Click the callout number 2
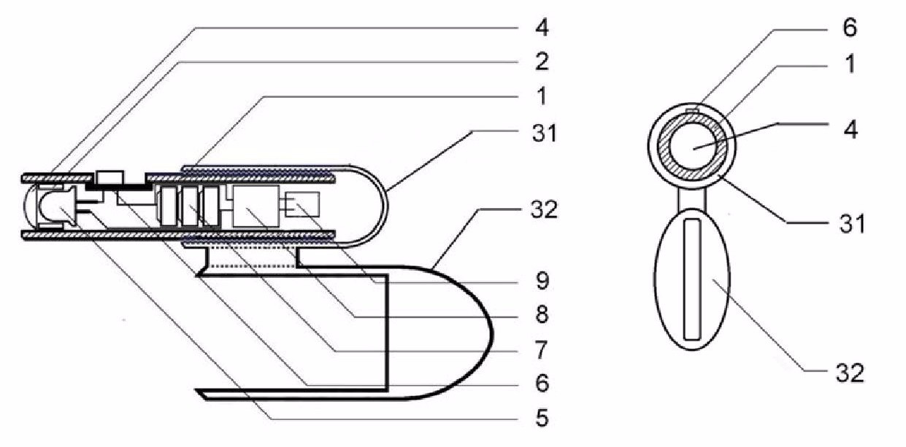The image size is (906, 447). pyautogui.click(x=542, y=62)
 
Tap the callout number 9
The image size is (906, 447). pyautogui.click(x=542, y=281)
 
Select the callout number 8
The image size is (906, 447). pyautogui.click(x=542, y=314)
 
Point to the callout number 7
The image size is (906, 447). pyautogui.click(x=542, y=350)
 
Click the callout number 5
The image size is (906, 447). pyautogui.click(x=542, y=418)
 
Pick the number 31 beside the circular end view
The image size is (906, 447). pyautogui.click(x=852, y=223)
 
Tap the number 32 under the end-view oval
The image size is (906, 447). pyautogui.click(x=850, y=373)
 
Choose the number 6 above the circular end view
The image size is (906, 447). pyautogui.click(x=850, y=28)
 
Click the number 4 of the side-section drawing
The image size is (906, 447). pyautogui.click(x=542, y=28)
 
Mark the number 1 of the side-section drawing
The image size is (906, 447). pyautogui.click(x=541, y=96)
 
